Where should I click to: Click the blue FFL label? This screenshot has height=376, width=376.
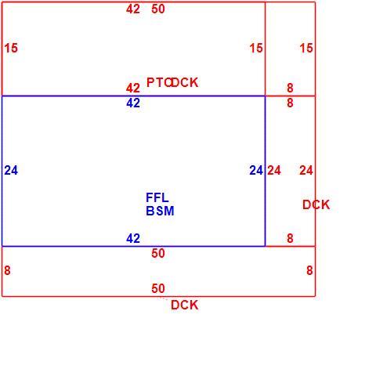coord(157,197)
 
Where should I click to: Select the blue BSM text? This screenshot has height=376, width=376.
coord(160,211)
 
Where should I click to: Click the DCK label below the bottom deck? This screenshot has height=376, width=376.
coord(184,305)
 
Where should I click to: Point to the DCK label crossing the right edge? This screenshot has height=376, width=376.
coord(316,204)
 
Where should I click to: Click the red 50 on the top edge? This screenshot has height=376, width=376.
coord(158,9)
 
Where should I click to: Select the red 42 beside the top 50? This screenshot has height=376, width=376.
coord(133,9)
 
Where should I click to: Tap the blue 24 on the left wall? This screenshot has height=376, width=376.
coord(11,171)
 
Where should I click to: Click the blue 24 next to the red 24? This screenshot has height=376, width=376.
coord(256,171)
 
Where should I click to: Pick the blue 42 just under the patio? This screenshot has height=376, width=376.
coord(133,103)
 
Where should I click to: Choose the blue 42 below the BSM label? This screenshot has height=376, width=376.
coord(133,238)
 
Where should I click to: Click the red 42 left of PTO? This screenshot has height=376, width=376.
coord(133,88)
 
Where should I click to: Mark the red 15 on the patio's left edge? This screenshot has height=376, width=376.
coord(11,49)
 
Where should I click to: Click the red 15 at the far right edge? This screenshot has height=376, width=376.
coord(306,49)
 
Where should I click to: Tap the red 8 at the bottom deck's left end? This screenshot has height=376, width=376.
coord(7,270)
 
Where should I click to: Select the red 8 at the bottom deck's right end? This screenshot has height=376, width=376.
coord(309,270)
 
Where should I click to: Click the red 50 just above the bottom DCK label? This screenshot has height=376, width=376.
coord(158,288)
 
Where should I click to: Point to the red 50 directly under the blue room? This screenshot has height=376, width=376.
coord(158,253)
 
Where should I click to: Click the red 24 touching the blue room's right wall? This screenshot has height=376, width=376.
coord(274,171)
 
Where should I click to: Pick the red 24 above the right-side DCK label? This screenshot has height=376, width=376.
coord(306,171)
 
